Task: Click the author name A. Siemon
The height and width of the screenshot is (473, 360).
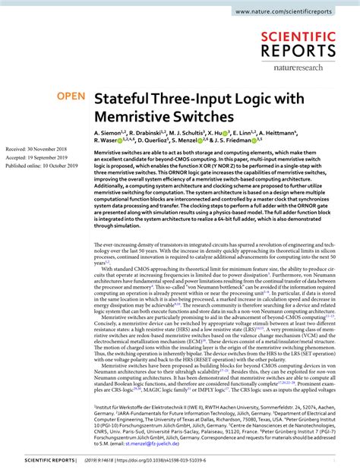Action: [x=109, y=132]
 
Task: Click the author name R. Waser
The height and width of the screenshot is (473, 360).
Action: [x=107, y=140]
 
